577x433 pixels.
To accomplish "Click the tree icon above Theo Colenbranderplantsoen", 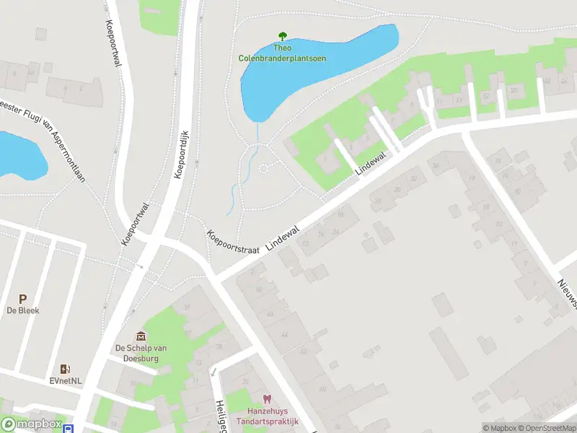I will coord(282,35).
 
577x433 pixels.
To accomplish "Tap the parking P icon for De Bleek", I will coord(23,299).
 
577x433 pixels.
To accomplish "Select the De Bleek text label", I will coord(23,311).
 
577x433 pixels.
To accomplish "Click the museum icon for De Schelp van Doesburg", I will coord(141,336).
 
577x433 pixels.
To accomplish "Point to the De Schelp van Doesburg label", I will coord(141,353).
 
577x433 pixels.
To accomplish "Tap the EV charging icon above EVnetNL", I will coord(66,369).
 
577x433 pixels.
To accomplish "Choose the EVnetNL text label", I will coord(66,381).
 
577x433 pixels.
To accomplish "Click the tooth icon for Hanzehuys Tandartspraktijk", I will coord(267,398).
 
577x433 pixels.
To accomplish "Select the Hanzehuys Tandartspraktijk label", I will coord(267,415).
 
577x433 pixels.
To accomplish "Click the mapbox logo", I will coord(30,424).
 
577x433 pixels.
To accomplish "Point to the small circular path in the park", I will coord(263,169).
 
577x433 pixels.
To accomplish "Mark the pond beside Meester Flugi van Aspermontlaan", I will coord(18,155).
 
